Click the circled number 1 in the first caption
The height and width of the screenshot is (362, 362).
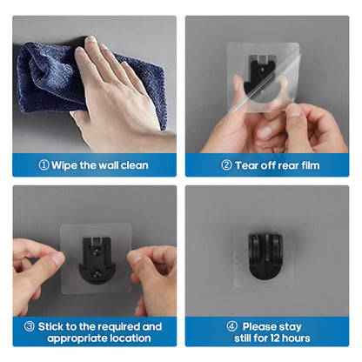[44, 165]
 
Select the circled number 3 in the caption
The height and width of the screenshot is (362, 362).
[30, 326]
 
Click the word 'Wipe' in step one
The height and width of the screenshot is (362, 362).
[69, 165]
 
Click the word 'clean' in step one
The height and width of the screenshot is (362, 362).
[131, 165]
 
